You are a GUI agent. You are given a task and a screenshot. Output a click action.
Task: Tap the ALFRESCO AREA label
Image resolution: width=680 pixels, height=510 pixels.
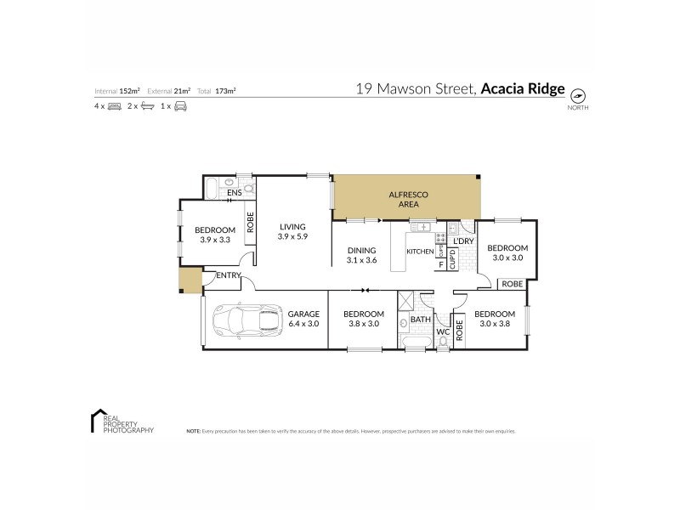(408, 200)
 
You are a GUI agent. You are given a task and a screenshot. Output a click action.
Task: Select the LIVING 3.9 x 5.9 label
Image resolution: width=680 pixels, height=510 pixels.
(292, 231)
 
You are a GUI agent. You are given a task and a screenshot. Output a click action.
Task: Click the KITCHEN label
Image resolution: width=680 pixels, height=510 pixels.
(419, 252)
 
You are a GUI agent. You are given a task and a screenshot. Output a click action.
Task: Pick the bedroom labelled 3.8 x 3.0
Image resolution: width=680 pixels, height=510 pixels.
(364, 319)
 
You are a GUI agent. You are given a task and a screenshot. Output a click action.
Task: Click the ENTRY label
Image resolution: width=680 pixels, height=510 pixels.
(227, 275)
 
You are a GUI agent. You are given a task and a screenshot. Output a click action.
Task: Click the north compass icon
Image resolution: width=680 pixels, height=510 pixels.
(578, 95)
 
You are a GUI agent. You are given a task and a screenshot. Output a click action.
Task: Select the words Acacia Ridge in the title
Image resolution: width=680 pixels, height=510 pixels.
(523, 88)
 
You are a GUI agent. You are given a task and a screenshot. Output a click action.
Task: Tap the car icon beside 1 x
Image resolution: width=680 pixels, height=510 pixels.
(180, 106)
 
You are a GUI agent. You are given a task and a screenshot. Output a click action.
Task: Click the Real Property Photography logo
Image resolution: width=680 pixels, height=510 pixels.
(122, 422)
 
